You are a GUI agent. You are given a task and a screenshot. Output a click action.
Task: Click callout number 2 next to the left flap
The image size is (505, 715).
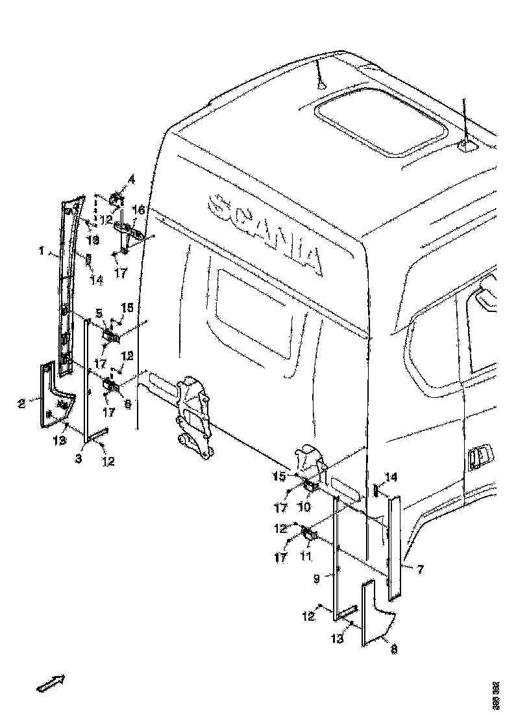21,404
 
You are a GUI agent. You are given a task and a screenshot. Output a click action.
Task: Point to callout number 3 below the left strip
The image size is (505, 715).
79,459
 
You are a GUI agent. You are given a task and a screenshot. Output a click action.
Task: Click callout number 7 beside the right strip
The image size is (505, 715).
420,570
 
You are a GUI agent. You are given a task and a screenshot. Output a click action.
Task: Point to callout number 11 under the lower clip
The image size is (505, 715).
305,556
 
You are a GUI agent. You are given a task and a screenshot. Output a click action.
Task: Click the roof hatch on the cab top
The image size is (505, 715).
382,122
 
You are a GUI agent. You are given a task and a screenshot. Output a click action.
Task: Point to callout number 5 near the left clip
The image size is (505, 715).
99,313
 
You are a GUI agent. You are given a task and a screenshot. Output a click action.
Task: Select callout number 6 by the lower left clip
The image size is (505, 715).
128,404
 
